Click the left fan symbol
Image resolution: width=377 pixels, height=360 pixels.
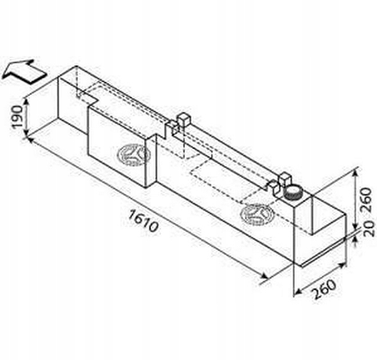point(134,154)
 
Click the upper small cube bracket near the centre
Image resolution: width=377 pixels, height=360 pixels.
point(184,119)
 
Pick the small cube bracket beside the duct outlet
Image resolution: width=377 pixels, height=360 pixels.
point(284,178)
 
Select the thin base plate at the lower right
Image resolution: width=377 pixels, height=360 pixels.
point(323,254)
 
